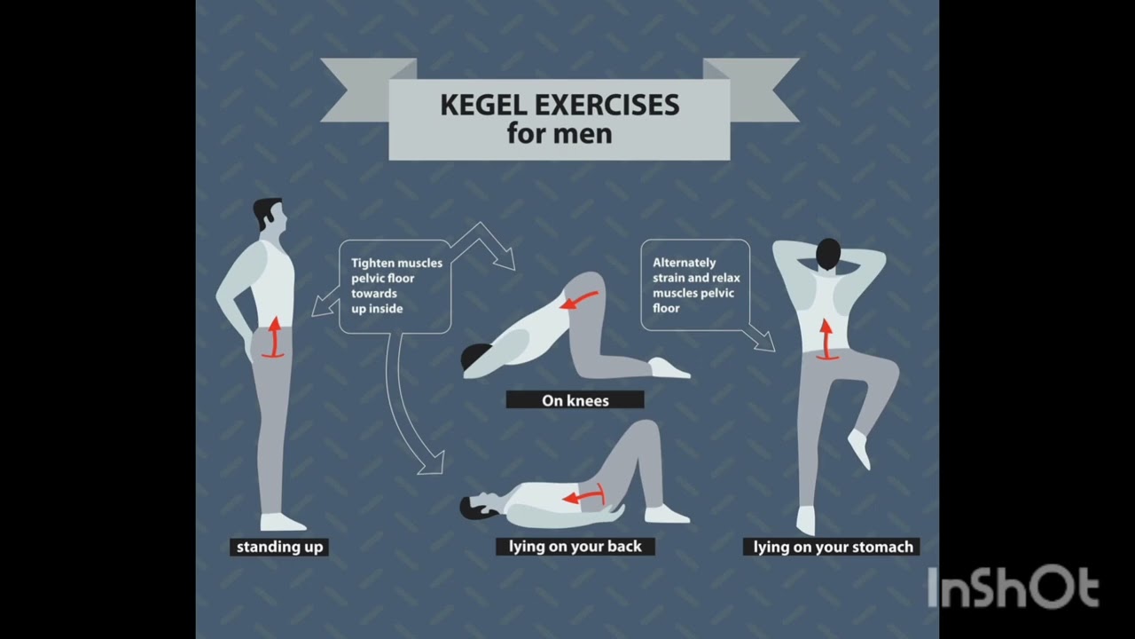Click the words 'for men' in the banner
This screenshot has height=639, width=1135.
[x=560, y=134]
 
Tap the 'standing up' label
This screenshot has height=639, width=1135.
[x=279, y=548]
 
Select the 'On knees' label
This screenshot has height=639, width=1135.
[x=575, y=400]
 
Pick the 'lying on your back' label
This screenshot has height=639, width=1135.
[x=575, y=547]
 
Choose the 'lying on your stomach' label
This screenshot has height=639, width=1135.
[x=832, y=548]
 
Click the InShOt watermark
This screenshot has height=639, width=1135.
[x=1014, y=587]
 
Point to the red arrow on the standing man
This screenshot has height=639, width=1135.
[x=274, y=338]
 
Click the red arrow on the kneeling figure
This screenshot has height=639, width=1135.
[x=579, y=300]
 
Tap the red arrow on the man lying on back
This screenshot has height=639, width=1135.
[x=584, y=495]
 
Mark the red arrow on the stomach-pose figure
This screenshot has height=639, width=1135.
[x=826, y=340]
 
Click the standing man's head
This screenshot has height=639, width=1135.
[x=269, y=214]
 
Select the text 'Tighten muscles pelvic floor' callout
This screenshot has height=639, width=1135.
[x=396, y=286]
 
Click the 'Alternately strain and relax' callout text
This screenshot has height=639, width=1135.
[x=696, y=285]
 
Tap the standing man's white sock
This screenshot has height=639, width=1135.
[x=282, y=523]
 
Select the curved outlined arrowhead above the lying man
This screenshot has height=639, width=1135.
[x=432, y=463]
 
